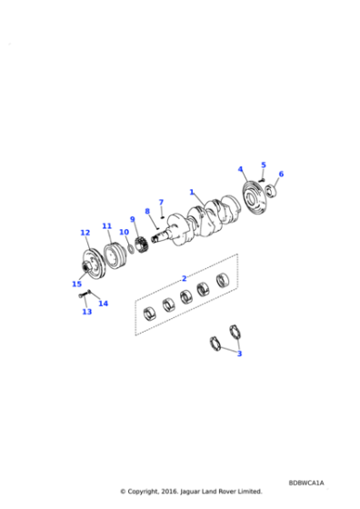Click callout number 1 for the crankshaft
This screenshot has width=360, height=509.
coord(192,192)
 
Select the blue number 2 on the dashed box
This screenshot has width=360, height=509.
coord(184,278)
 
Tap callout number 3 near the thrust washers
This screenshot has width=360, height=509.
coord(239,354)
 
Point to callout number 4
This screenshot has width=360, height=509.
coord(240,169)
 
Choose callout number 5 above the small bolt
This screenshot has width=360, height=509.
coord(264,165)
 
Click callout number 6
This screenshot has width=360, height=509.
coord(281,174)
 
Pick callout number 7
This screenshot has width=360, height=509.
coord(161,202)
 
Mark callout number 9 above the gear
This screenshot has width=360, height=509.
coord(132,219)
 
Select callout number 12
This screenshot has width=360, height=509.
coord(85,233)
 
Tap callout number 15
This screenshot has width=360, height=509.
coord(76,284)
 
